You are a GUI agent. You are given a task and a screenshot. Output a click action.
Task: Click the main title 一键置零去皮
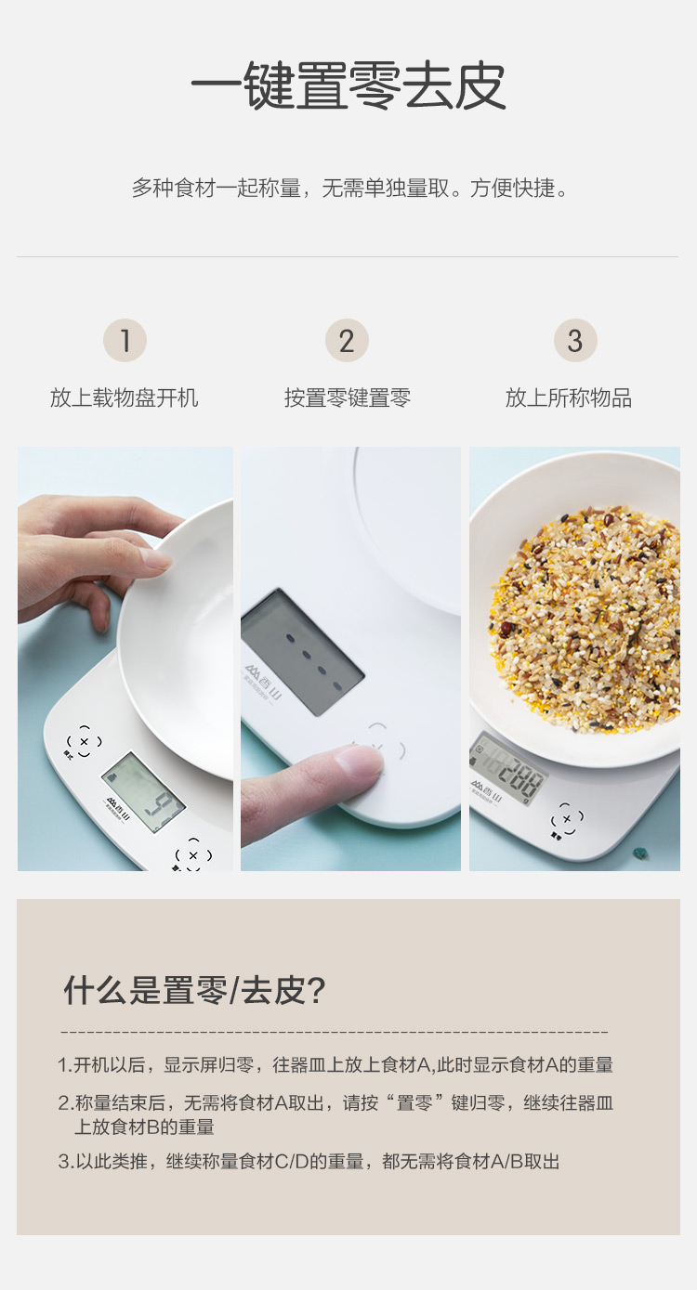pos(348,86)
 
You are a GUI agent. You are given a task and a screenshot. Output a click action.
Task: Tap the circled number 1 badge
pos(125,340)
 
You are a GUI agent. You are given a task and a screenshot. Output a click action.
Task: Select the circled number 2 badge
pos(347,340)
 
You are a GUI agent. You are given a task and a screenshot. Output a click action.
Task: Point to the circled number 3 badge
pos(575,340)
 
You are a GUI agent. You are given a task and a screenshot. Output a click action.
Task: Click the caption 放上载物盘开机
pos(125,397)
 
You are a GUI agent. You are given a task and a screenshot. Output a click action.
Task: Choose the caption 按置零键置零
pos(348,397)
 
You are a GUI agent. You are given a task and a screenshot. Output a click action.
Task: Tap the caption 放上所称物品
pos(569,397)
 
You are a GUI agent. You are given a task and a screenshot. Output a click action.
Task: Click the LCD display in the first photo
pos(143,792)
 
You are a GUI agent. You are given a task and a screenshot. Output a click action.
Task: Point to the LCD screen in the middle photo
pos(302,652)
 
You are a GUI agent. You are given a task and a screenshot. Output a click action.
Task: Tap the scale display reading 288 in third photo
pos(507,769)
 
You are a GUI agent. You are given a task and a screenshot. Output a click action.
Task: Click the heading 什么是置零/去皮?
pos(195,990)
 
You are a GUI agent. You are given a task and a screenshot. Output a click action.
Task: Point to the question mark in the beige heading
pos(316,991)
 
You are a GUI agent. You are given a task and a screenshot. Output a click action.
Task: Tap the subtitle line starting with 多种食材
pos(349,189)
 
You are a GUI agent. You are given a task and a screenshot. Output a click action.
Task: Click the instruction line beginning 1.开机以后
pos(335,1065)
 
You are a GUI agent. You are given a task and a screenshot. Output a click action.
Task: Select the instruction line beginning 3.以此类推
pos(309,1162)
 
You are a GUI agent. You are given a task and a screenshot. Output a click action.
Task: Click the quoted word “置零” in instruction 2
pos(414,1102)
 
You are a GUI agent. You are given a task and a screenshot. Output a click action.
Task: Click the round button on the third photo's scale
pos(567,818)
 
